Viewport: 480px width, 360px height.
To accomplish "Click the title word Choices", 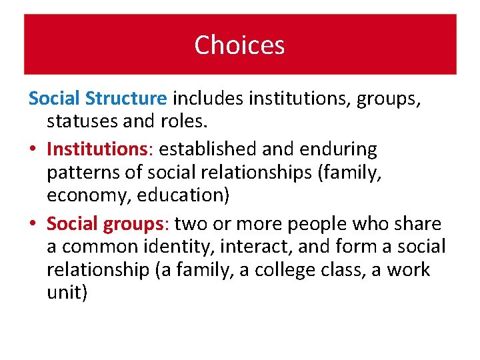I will click(x=239, y=45).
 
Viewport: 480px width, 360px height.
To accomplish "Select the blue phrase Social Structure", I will click(x=97, y=99).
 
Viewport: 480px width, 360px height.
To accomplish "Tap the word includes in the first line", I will click(x=208, y=99).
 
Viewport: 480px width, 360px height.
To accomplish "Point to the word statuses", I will click(x=84, y=122).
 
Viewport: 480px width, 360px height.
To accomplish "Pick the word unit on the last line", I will click(x=65, y=294).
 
